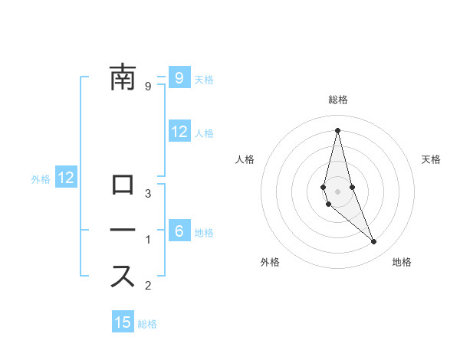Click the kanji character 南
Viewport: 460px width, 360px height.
[x=123, y=77]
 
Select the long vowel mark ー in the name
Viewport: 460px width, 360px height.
[x=123, y=230]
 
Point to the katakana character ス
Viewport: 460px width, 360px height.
[x=123, y=275]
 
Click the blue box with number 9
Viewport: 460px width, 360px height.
[x=179, y=77]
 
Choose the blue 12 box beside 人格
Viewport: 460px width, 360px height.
[x=179, y=132]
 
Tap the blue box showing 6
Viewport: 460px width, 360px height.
[x=179, y=231]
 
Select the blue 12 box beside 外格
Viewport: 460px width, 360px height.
[x=66, y=178]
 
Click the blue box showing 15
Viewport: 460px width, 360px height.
[x=123, y=322]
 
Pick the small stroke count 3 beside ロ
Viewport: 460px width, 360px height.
[x=148, y=193]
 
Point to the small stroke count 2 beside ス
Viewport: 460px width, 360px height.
[x=148, y=286]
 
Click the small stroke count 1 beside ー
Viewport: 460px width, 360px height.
[x=148, y=239]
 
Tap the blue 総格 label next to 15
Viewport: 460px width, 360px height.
[x=147, y=324]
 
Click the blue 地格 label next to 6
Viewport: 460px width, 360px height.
[x=204, y=233]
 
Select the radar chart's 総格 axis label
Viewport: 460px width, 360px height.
[x=337, y=100]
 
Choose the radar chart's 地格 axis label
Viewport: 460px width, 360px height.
[x=402, y=262]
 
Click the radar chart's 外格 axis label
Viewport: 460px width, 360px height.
[x=270, y=262]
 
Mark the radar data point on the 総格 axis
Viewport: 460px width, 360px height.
[x=337, y=129]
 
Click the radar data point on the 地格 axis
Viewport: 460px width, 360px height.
[x=374, y=242]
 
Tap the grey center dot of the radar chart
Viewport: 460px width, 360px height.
[x=337, y=191]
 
